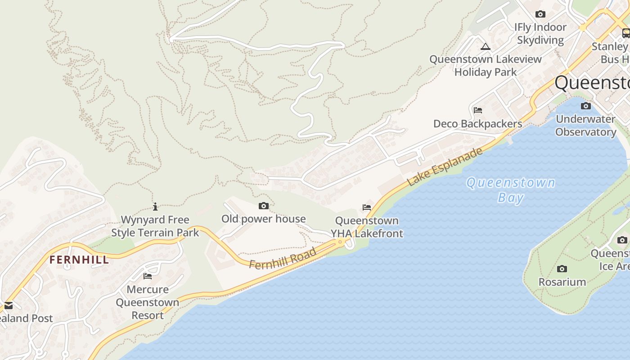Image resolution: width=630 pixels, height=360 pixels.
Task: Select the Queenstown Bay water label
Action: (511, 190)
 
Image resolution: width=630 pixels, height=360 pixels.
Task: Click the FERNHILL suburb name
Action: (79, 260)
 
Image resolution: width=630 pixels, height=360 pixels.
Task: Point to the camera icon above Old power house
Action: (264, 206)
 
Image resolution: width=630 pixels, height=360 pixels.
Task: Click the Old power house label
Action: (264, 219)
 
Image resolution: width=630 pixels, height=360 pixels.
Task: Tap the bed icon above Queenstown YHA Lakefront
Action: (367, 207)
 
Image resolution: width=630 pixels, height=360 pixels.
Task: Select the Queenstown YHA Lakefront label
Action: (367, 227)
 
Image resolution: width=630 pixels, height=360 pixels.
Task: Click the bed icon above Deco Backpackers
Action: (478, 110)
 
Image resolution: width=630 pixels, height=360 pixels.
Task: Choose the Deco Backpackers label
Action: (478, 124)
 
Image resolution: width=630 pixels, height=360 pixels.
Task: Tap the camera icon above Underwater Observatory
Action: (585, 106)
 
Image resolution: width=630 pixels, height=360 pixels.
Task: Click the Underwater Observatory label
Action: (585, 126)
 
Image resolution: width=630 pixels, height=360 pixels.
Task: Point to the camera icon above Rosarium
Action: (562, 269)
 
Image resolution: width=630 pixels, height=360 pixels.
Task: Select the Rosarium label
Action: (562, 282)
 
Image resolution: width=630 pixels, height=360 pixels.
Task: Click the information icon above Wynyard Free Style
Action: (155, 207)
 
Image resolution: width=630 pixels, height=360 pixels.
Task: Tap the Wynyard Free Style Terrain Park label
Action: (155, 226)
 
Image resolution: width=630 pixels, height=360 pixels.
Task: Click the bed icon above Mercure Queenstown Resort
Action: (148, 276)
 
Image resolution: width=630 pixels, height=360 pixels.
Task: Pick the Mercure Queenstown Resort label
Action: (148, 302)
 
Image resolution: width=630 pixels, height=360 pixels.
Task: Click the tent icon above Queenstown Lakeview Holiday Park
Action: (485, 46)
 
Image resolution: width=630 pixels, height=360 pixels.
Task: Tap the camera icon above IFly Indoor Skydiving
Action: (540, 14)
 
